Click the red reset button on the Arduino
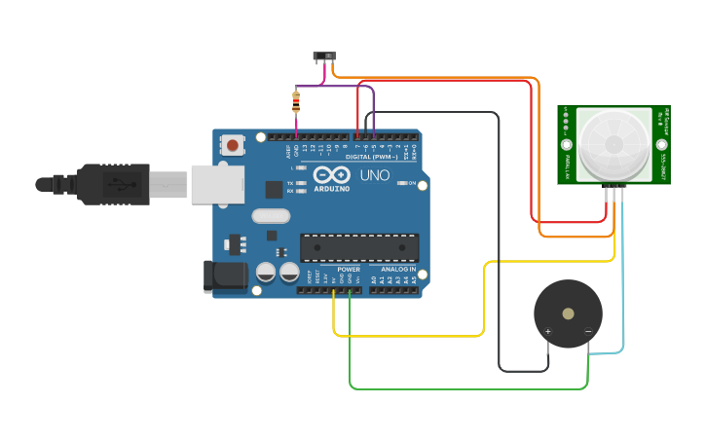click(233, 145)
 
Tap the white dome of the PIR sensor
click(613, 143)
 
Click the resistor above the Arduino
click(296, 99)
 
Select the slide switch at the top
click(322, 56)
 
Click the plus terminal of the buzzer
click(547, 332)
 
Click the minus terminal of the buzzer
click(588, 332)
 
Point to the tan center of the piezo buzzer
click(568, 313)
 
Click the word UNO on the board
click(375, 176)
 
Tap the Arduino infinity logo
click(331, 174)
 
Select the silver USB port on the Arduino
click(217, 184)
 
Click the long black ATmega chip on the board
click(359, 247)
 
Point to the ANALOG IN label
click(397, 269)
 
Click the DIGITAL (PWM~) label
click(371, 156)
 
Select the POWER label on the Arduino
click(348, 269)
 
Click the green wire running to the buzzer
click(467, 388)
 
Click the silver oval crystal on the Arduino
click(270, 216)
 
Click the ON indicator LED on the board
click(401, 183)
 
